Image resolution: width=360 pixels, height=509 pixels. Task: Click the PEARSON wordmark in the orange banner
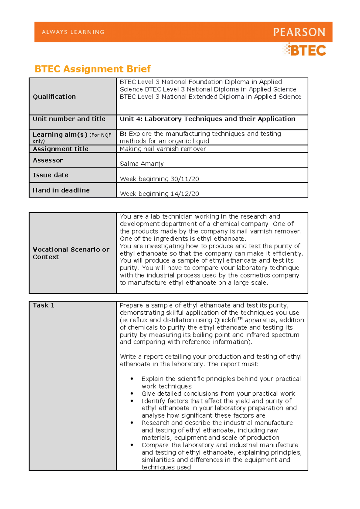pyautogui.click(x=299, y=32)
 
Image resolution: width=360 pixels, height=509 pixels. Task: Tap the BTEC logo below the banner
pyautogui.click(x=305, y=50)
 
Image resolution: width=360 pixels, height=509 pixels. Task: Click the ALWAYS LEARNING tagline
pyautogui.click(x=73, y=32)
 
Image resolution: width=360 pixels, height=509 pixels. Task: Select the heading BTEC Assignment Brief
pyautogui.click(x=92, y=69)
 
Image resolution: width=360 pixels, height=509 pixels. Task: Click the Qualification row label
pyautogui.click(x=54, y=97)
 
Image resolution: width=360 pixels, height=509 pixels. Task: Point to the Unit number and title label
pyautogui.click(x=69, y=119)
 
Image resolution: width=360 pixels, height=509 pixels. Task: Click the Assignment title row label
pyautogui.click(x=60, y=149)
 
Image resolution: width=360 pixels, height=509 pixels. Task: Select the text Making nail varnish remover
pyautogui.click(x=163, y=149)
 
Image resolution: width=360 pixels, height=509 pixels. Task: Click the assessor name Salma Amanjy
pyautogui.click(x=142, y=164)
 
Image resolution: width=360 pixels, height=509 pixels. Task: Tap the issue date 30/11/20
pyautogui.click(x=184, y=179)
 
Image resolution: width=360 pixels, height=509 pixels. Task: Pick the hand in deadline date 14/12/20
pyautogui.click(x=184, y=194)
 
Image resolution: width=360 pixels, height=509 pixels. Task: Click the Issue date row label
pyautogui.click(x=50, y=175)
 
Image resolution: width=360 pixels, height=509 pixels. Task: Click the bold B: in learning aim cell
pyautogui.click(x=123, y=134)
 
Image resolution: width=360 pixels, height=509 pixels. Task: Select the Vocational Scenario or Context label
pyautogui.click(x=71, y=253)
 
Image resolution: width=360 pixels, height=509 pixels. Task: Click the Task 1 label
pyautogui.click(x=43, y=305)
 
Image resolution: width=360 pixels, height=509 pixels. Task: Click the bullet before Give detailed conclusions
pyautogui.click(x=132, y=394)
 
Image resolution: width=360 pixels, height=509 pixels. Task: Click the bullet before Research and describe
pyautogui.click(x=132, y=423)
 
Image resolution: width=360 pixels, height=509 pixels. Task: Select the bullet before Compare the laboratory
pyautogui.click(x=132, y=445)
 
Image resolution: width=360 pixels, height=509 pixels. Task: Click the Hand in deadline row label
pyautogui.click(x=61, y=190)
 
